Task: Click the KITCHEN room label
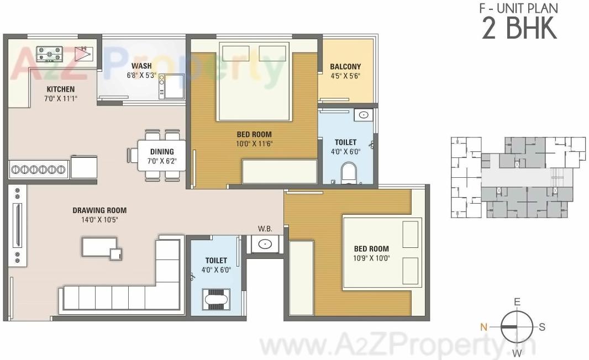pos(60,89)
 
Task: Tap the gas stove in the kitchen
pos(50,54)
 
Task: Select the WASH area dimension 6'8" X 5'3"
pos(141,75)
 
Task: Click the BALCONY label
pos(345,67)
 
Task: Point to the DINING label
pos(161,151)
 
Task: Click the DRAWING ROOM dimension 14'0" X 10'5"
pos(99,219)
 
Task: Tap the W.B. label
pos(265,229)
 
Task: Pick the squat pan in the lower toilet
pos(215,301)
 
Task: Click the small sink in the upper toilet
pos(363,115)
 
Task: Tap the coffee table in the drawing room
pos(100,247)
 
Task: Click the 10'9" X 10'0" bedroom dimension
pos(371,258)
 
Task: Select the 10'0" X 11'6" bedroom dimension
pos(254,144)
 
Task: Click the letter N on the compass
pos(484,326)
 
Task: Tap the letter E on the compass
pos(517,301)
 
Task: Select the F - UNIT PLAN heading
pos(518,8)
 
